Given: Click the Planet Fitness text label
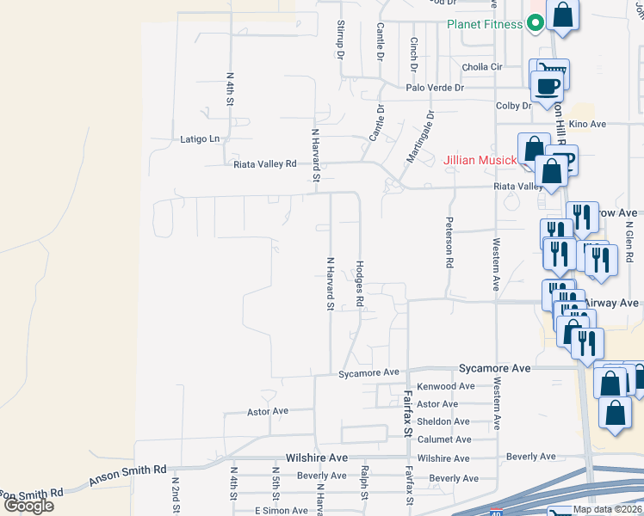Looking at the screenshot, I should click(x=484, y=24).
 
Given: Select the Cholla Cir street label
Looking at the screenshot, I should click(x=483, y=67).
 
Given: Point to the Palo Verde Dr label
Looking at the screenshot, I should click(x=435, y=88).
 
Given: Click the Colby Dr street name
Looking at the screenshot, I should click(x=514, y=106).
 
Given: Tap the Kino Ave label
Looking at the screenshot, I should click(x=588, y=125).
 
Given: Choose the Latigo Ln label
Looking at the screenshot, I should click(x=200, y=138).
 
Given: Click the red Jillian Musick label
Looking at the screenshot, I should click(x=480, y=160).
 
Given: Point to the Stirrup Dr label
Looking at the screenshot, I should click(x=341, y=40).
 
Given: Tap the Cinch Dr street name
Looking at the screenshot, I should click(x=413, y=54).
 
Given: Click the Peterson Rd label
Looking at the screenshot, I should click(x=449, y=243).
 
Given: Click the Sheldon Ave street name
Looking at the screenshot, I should click(x=443, y=421).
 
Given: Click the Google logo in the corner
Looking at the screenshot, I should click(x=28, y=506).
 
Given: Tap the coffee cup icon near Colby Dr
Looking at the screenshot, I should click(x=546, y=85).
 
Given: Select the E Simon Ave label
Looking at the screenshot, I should click(x=281, y=511).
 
